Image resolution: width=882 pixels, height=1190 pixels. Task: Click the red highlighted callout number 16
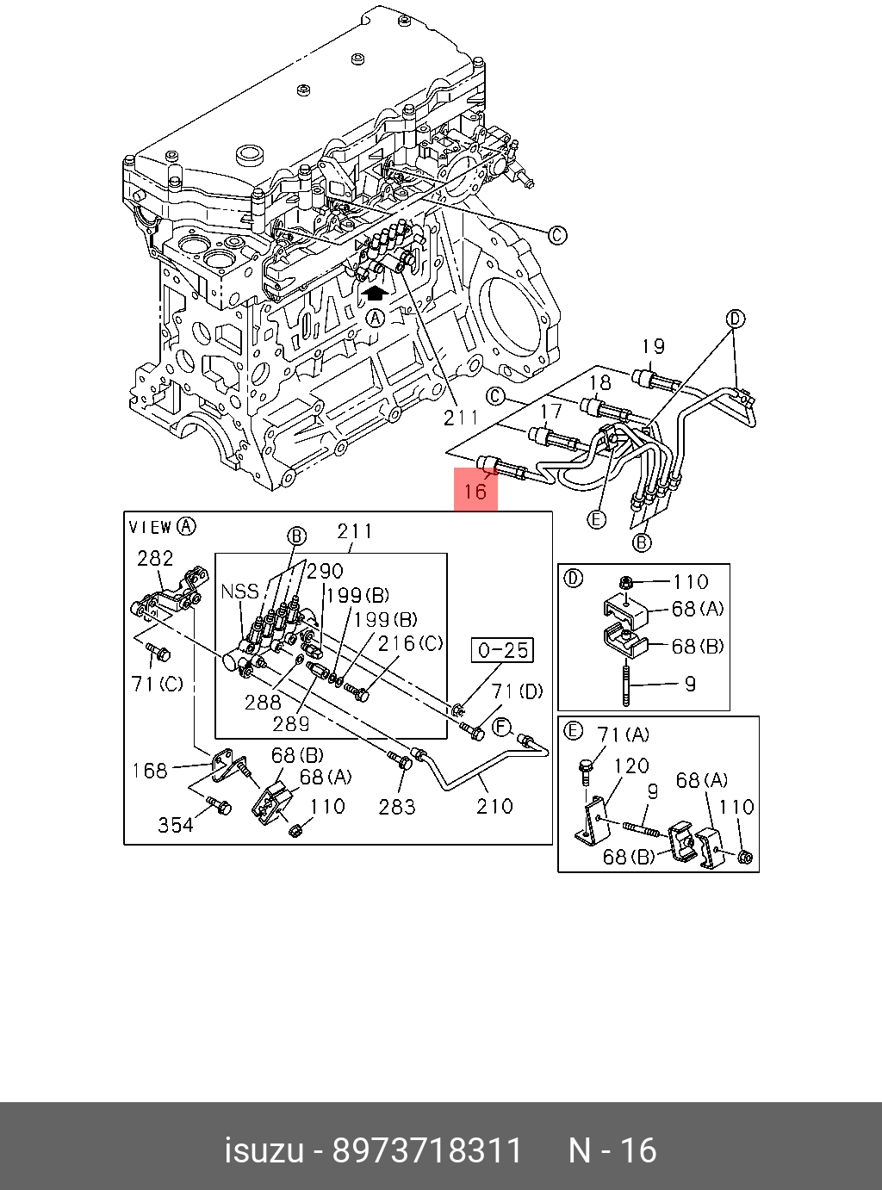click(475, 491)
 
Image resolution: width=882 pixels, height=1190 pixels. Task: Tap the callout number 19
click(654, 346)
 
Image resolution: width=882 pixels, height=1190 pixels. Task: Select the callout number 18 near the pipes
click(599, 381)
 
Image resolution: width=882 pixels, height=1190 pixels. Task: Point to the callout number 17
click(550, 412)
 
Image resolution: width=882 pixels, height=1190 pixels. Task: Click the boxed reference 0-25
click(502, 650)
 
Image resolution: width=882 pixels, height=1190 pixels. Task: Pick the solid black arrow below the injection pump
click(374, 293)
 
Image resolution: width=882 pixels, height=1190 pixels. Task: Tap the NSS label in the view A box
click(239, 591)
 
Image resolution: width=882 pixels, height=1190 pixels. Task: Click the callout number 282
click(155, 558)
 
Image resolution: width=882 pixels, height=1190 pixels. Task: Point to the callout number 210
click(494, 806)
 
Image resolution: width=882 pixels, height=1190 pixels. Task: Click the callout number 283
click(397, 807)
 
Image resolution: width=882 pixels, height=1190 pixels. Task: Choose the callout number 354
click(176, 825)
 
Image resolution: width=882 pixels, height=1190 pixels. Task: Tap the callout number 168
click(150, 770)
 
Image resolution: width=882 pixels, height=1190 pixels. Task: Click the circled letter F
click(502, 728)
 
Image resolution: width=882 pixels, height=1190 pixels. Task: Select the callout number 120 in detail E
click(631, 765)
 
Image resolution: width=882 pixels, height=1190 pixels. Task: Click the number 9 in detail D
click(689, 684)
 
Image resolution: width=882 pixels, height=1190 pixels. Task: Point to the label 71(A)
click(624, 734)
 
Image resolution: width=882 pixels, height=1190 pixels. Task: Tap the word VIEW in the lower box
click(150, 527)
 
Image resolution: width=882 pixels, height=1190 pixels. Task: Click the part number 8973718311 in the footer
click(427, 1150)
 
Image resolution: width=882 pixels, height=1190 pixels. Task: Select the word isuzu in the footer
click(264, 1150)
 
